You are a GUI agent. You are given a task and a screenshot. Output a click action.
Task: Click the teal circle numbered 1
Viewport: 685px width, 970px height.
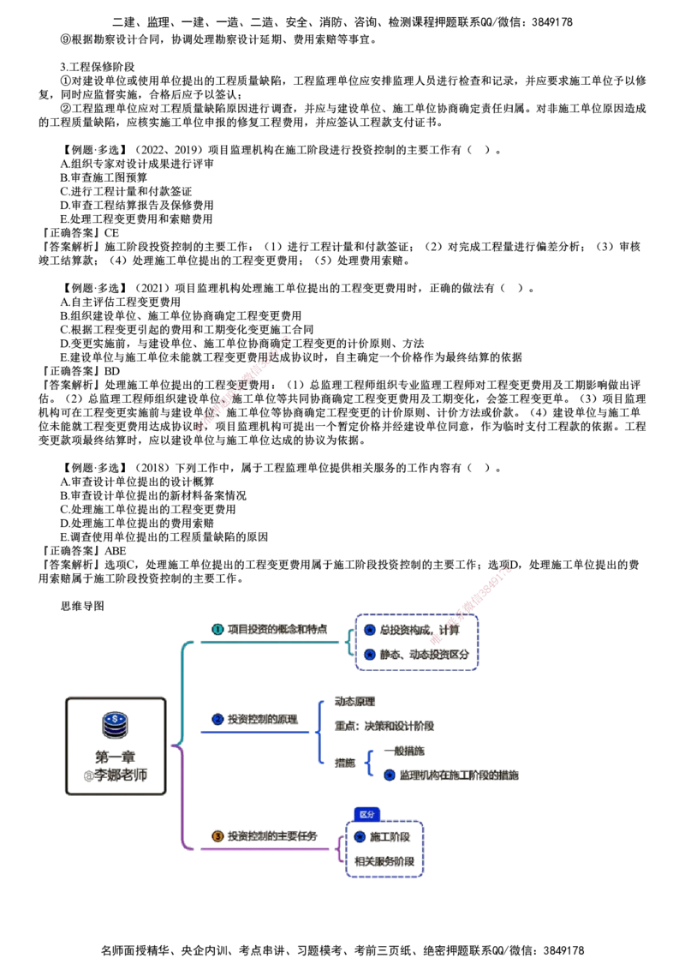(x=217, y=629)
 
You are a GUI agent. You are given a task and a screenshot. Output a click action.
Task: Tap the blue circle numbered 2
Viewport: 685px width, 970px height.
(x=217, y=719)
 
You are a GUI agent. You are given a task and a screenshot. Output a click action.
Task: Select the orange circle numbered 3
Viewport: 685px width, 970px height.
(x=217, y=835)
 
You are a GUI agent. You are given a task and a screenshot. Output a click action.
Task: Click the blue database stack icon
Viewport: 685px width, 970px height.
(x=114, y=724)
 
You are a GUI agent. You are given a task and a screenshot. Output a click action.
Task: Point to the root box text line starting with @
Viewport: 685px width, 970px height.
(x=116, y=775)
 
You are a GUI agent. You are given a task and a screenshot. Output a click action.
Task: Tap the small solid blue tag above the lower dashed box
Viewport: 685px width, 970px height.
(x=366, y=814)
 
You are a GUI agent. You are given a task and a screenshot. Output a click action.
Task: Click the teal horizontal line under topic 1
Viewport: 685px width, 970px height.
(x=265, y=640)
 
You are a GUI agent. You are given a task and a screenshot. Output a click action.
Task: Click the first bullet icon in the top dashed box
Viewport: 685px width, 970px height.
(x=370, y=629)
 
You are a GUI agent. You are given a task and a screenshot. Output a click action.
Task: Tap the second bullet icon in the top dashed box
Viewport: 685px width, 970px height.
(x=370, y=655)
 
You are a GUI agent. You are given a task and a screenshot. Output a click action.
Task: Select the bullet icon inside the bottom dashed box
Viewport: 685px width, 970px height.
(x=360, y=835)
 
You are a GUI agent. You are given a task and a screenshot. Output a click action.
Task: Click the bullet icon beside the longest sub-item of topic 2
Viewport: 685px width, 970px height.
(x=390, y=775)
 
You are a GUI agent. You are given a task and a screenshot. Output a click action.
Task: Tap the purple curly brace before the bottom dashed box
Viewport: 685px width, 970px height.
(x=340, y=848)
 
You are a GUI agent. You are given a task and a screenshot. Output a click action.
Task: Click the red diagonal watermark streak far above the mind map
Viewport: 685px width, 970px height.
(x=244, y=383)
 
